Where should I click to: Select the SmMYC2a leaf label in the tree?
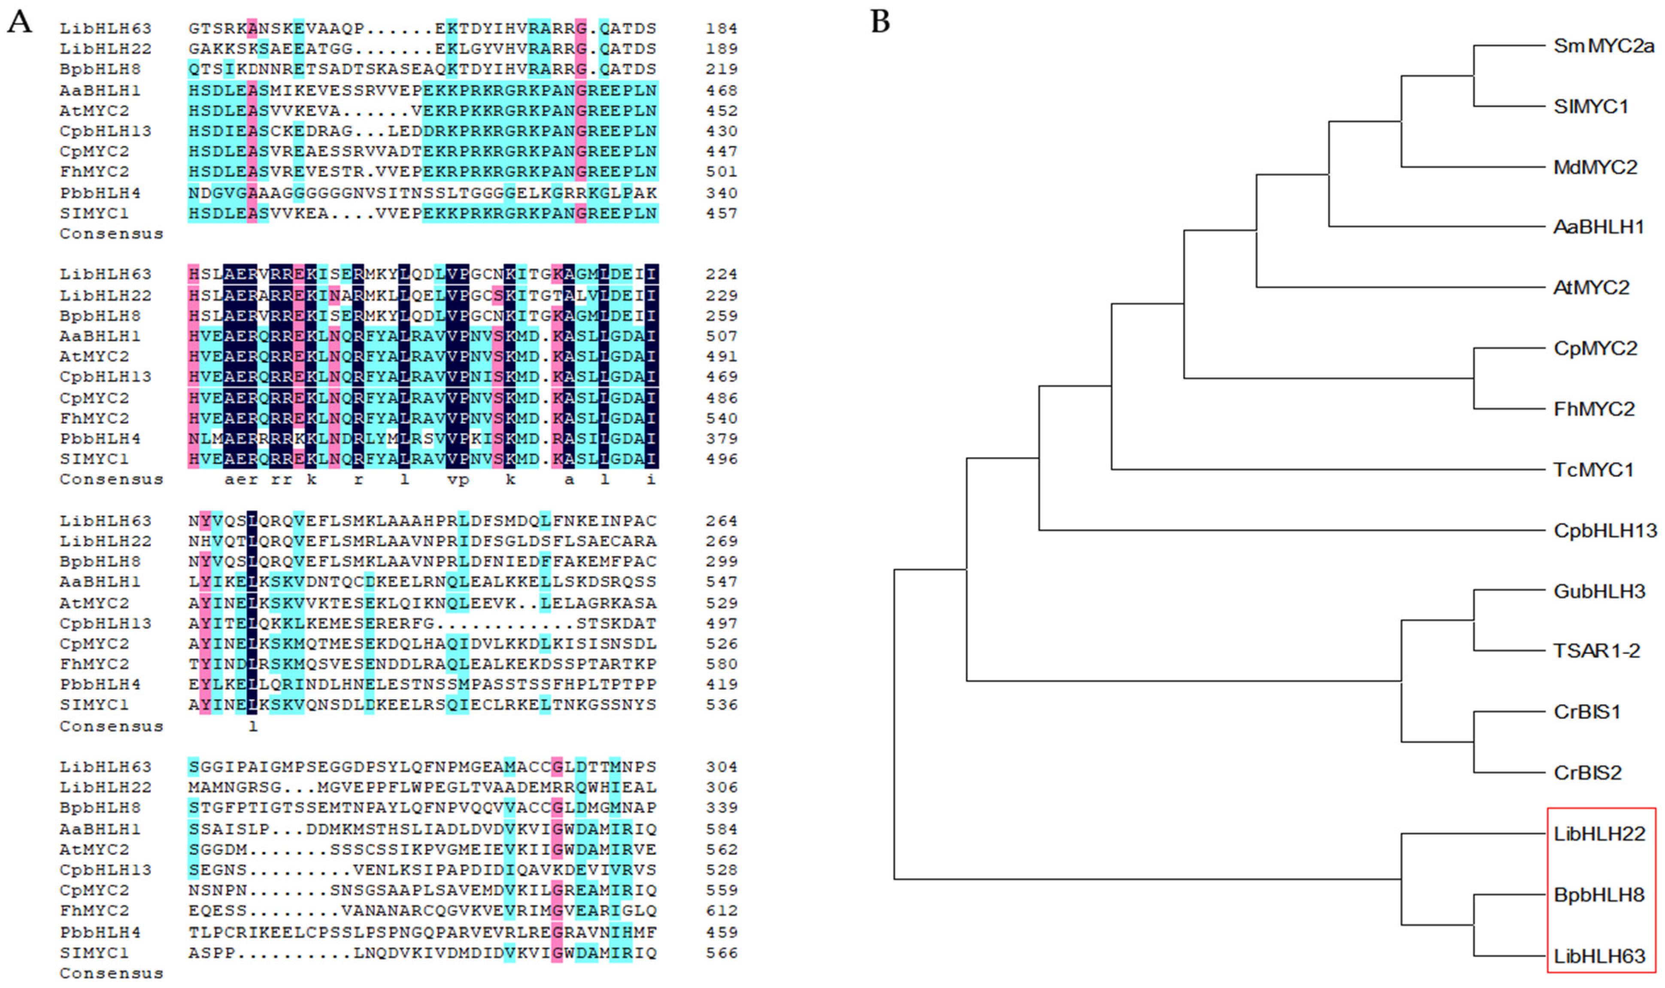[1603, 46]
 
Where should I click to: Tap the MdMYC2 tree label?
[1595, 167]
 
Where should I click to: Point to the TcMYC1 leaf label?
[1593, 470]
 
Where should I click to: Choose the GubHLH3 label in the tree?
[1599, 591]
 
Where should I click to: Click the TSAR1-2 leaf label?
[1596, 651]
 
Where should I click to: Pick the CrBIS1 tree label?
[1586, 712]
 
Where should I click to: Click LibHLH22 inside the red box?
[1599, 833]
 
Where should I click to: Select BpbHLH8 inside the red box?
[1599, 895]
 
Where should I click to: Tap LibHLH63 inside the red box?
[1599, 956]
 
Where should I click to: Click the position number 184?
[722, 29]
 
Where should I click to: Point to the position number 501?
[722, 172]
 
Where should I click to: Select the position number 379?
[722, 439]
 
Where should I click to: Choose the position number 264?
[722, 521]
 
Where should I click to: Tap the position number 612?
[722, 910]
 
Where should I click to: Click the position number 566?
[722, 953]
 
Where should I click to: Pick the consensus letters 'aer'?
[241, 480]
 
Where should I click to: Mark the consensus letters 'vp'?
[458, 480]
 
